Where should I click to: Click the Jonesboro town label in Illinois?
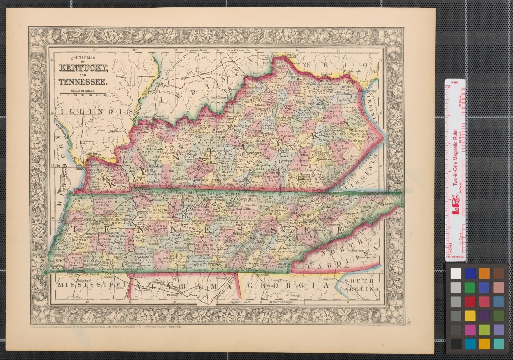85,143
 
